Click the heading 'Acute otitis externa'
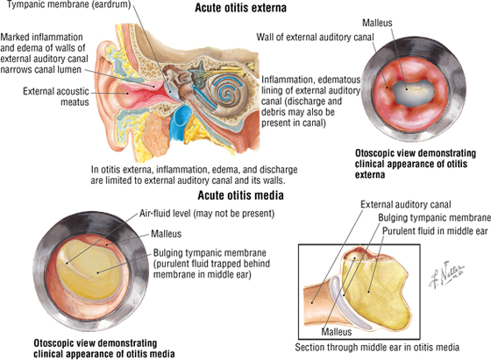click(240, 8)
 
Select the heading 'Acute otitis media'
click(240, 195)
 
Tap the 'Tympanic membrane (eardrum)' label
click(68, 4)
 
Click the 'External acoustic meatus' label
click(56, 96)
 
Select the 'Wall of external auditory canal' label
click(315, 37)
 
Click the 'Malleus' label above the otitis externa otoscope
click(377, 23)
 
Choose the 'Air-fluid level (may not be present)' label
click(207, 214)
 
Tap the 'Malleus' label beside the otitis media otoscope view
click(167, 234)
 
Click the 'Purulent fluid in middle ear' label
click(435, 231)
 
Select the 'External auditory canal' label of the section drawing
click(405, 205)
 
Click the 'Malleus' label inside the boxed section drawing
click(337, 332)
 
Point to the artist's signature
click(446, 274)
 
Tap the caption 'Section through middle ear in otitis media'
click(377, 347)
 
